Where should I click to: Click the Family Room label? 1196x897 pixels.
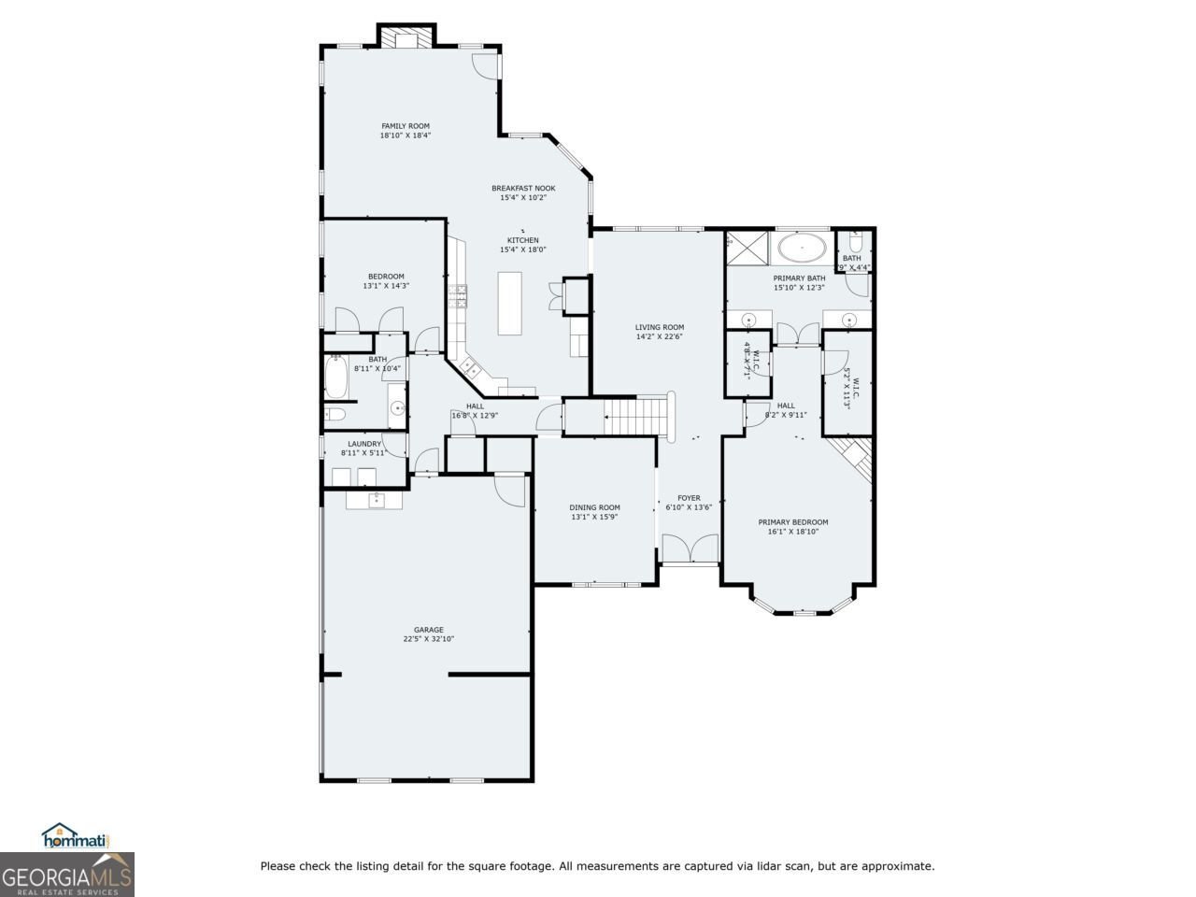405,126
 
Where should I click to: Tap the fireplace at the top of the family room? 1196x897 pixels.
406,36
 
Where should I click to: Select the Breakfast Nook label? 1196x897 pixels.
523,188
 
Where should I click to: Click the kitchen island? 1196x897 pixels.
510,303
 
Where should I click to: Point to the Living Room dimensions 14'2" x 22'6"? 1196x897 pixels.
660,336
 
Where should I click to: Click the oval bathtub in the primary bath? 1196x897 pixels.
802,249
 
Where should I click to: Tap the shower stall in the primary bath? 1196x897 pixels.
746,248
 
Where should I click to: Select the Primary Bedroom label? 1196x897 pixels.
792,522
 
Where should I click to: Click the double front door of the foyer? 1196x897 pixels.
690,548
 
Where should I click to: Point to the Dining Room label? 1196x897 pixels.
594,507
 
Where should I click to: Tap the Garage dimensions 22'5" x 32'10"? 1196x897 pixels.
429,639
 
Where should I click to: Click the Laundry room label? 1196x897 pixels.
364,444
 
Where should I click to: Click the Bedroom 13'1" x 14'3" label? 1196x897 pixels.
386,276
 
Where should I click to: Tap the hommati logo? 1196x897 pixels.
77,836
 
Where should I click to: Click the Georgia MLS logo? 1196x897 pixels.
67,876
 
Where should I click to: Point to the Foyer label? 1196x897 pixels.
689,498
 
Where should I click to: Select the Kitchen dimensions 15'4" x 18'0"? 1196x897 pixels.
523,249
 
